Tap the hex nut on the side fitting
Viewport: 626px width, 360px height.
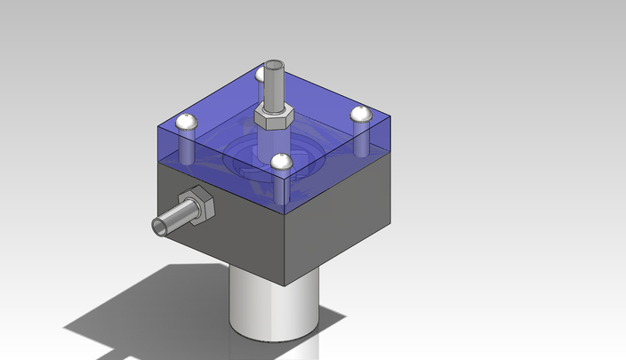coord(197,205)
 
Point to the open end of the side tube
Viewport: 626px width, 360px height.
coord(159,228)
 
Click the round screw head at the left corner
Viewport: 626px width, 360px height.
coord(186,123)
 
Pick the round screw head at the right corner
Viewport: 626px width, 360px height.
coord(359,114)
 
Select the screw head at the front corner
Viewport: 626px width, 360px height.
coord(282,162)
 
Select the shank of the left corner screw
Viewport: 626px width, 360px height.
coord(188,147)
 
